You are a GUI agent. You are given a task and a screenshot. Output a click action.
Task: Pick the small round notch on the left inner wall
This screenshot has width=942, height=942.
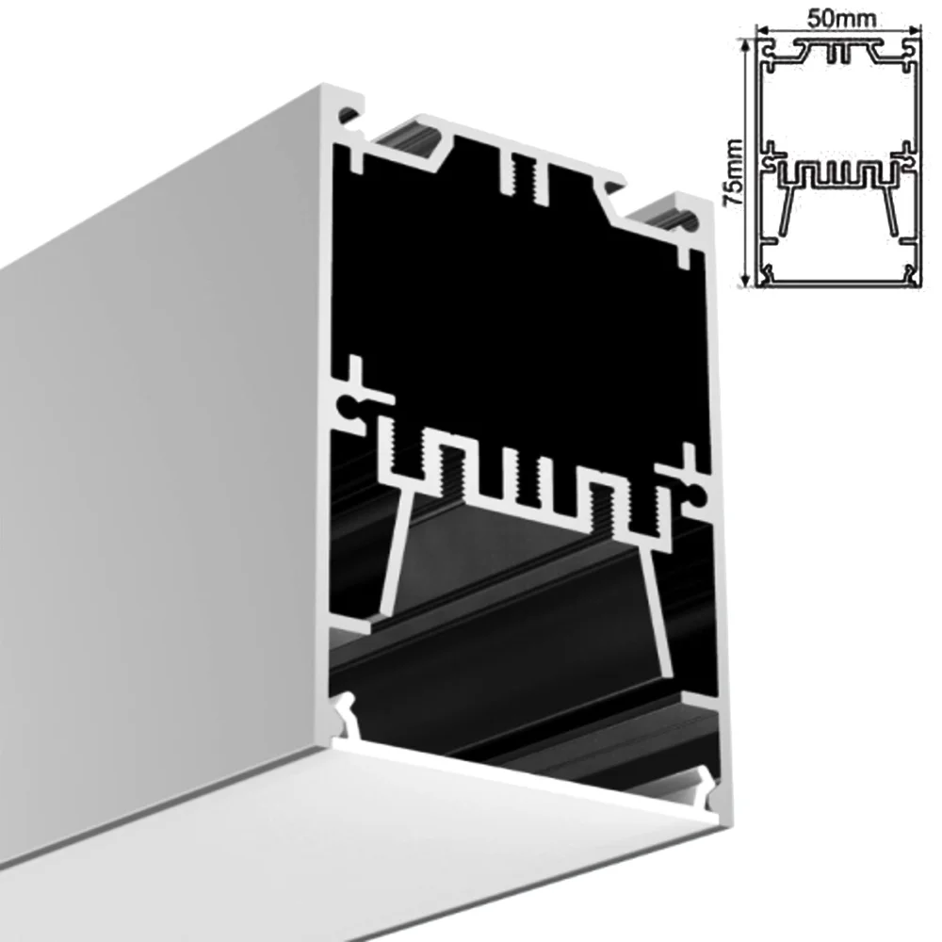point(349,408)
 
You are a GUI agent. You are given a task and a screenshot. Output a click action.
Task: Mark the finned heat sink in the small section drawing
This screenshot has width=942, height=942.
point(839,176)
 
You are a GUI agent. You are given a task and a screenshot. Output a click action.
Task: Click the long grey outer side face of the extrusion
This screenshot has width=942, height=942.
point(160,471)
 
